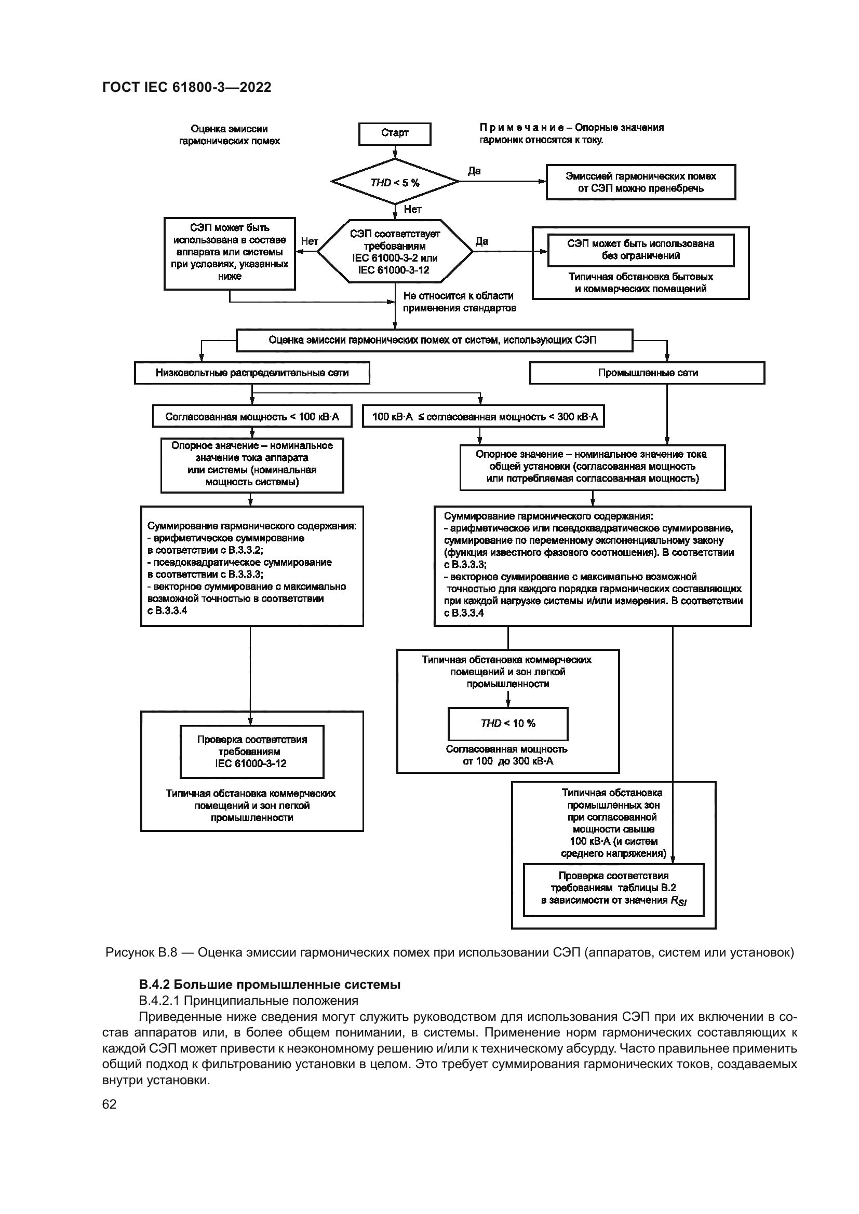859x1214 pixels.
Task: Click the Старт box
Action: coord(395,134)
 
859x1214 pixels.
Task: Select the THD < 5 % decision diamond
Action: coord(395,182)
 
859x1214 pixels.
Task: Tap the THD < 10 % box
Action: coord(508,724)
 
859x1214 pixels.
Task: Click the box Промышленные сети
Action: coord(647,373)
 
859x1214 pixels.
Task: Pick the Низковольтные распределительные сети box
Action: coord(252,373)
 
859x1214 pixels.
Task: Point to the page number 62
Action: coord(110,1104)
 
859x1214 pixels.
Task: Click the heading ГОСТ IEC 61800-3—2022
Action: coord(187,87)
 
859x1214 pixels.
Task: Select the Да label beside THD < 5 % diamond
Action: coord(474,171)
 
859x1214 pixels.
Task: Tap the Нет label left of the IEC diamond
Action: coord(310,241)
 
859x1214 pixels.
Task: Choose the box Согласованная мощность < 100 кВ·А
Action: coord(252,417)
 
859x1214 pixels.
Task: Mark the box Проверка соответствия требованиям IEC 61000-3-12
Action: coord(252,752)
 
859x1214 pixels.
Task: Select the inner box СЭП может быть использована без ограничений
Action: coord(640,250)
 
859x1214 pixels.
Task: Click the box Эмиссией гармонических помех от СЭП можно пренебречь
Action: coord(640,182)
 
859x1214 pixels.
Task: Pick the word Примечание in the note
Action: coord(524,128)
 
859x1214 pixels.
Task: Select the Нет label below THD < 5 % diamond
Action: coord(412,209)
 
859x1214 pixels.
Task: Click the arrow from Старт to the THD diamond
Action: coord(395,152)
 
